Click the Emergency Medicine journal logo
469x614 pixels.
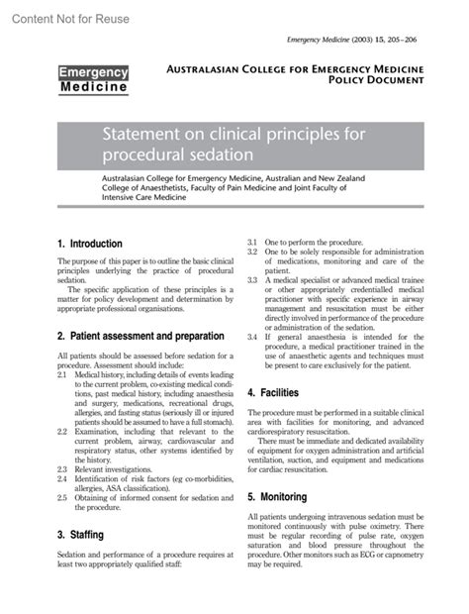92,80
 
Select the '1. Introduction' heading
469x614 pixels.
90,244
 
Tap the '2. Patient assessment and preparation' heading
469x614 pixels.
141,337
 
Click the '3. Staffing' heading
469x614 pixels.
82,535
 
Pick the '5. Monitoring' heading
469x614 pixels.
278,496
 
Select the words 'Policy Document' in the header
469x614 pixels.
363,88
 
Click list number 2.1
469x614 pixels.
63,376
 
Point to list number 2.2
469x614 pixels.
63,432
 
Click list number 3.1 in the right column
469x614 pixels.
252,243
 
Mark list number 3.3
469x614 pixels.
252,280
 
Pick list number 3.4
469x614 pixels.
252,336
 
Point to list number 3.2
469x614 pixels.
252,253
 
